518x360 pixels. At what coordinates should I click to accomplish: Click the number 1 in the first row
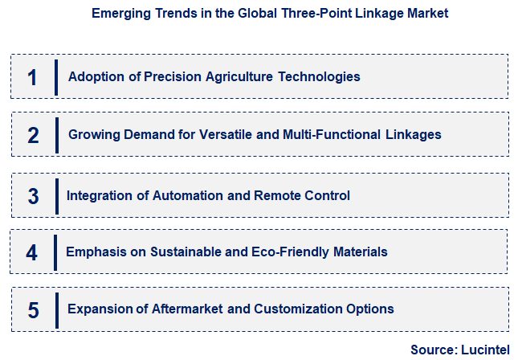click(x=32, y=77)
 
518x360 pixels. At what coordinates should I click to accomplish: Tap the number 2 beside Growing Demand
click(x=33, y=135)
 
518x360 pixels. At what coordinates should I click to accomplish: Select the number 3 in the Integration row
click(x=33, y=195)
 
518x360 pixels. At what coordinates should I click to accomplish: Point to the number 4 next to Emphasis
click(x=32, y=252)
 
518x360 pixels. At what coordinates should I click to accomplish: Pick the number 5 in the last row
click(x=32, y=309)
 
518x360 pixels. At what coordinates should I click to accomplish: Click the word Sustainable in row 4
click(x=185, y=252)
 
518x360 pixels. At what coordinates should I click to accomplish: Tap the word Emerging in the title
click(x=118, y=14)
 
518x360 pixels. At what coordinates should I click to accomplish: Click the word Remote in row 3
click(x=275, y=195)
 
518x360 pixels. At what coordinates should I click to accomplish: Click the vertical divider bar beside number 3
click(x=56, y=195)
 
